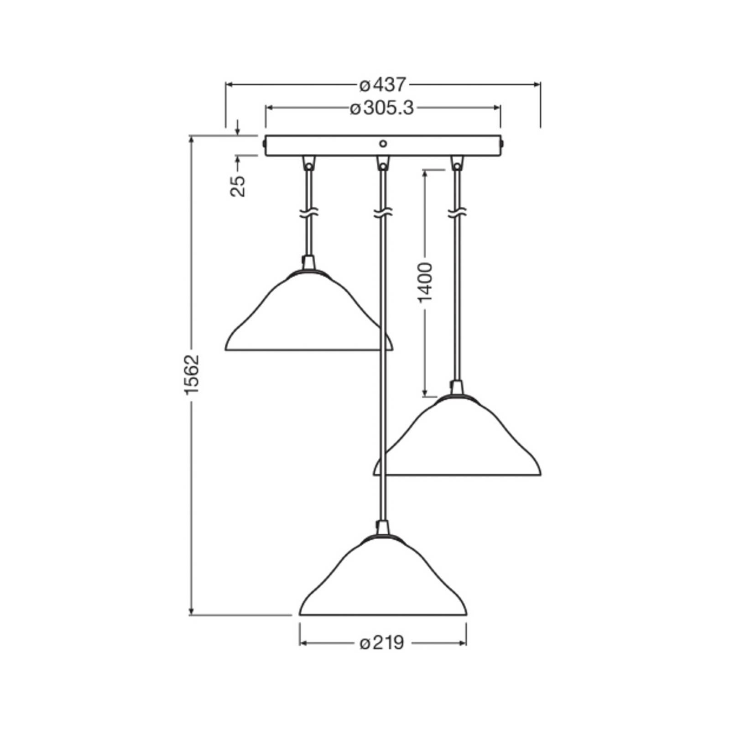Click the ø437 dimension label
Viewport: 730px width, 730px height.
coord(382,84)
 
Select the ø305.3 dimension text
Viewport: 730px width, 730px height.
coord(382,108)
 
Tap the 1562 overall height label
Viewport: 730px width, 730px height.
coord(193,374)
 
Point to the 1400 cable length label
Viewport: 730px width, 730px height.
coord(425,282)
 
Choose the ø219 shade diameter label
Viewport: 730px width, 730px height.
coord(382,643)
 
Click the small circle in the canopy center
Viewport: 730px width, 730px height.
coord(383,144)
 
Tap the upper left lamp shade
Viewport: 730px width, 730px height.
coord(309,310)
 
